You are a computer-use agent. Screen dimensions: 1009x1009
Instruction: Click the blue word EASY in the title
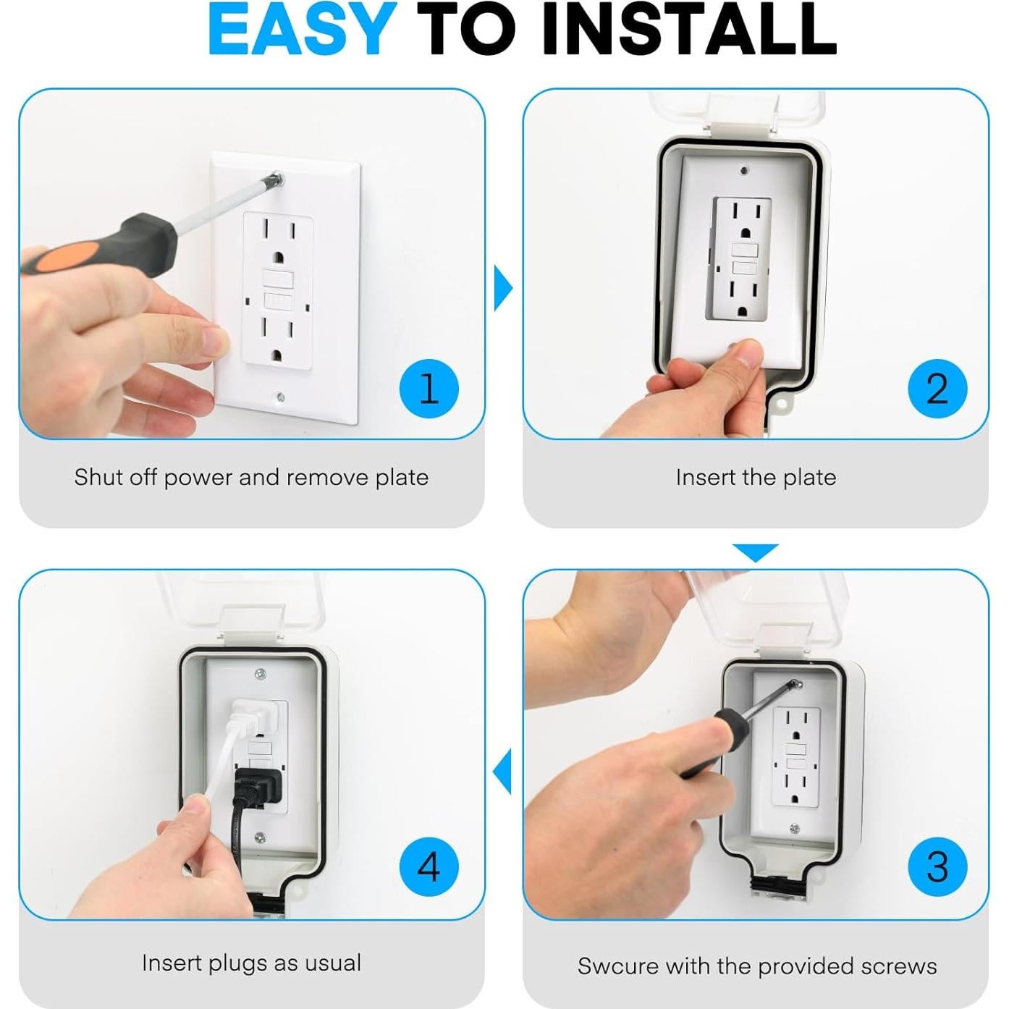coord(302,29)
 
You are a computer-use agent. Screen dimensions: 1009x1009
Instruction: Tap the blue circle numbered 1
coord(428,389)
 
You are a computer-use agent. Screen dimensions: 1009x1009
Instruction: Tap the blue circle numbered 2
coord(937,389)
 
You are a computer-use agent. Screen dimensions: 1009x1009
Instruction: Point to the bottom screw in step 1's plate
coord(281,397)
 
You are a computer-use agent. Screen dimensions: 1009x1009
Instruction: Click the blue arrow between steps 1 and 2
coord(503,287)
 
